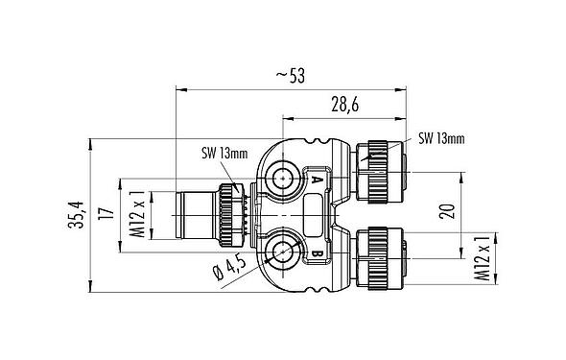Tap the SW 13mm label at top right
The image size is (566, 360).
(440, 138)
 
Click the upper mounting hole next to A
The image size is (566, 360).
(285, 179)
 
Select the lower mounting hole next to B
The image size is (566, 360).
(285, 253)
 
